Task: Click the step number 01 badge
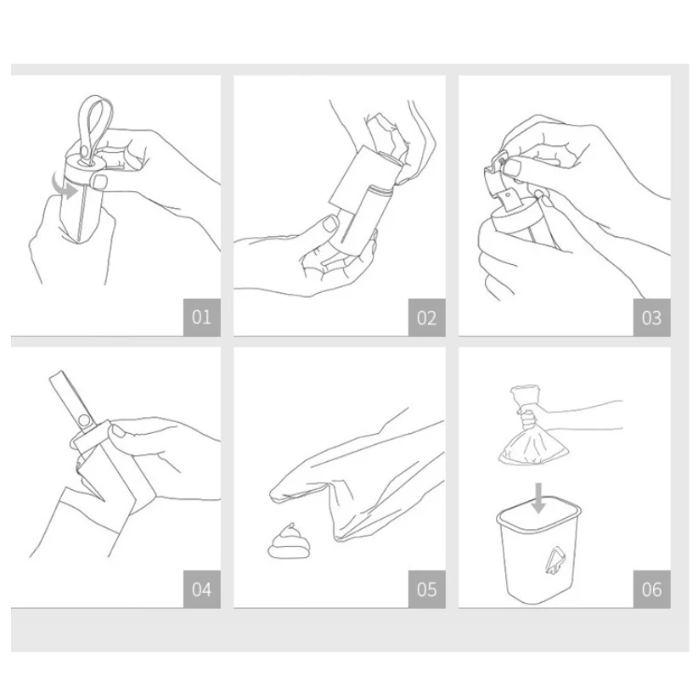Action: (x=201, y=318)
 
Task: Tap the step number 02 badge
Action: (x=426, y=318)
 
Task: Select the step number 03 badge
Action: (x=651, y=318)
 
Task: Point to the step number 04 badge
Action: (x=201, y=589)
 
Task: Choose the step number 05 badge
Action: (x=426, y=589)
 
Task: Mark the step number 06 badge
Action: (x=651, y=589)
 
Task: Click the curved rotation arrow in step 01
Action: (x=62, y=188)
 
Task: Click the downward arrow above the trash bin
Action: (x=538, y=498)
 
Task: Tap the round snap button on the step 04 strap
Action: (x=84, y=420)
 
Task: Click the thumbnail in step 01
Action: (x=99, y=181)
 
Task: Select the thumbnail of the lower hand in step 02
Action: (x=330, y=222)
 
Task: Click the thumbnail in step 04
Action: (x=118, y=431)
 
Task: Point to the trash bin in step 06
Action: (x=538, y=550)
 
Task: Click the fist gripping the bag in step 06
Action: (x=529, y=416)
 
